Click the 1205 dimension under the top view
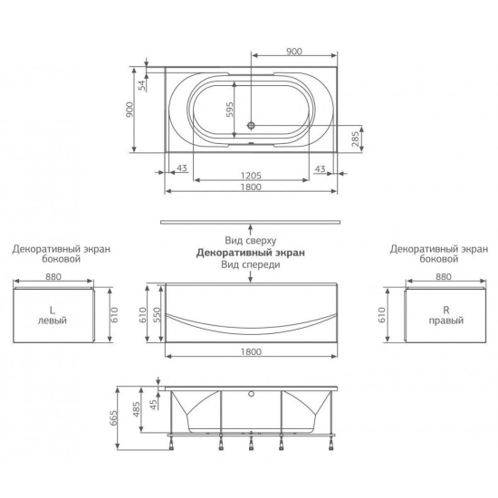pos(251,176)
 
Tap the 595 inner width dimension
pos(230,110)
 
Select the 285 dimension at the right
pos(356,139)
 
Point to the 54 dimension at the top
pos(142,85)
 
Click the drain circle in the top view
pos(252,126)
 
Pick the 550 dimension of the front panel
pos(158,314)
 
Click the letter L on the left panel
pos(53,310)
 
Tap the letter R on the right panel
pos(445,310)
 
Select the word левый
pos(53,321)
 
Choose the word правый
pos(446,321)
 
